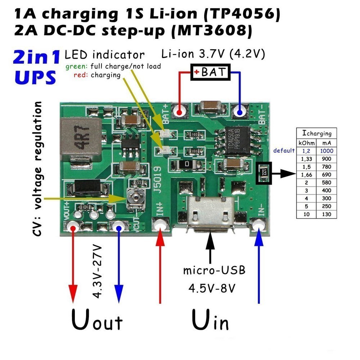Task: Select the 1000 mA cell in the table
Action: tap(327, 150)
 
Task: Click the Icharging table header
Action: tap(316, 133)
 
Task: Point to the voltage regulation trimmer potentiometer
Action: tap(135, 197)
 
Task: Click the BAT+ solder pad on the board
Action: tap(179, 111)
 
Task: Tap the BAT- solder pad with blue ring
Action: tap(240, 111)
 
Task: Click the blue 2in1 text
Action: tap(36, 58)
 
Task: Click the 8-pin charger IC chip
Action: tap(237, 140)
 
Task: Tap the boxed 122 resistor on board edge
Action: tap(264, 173)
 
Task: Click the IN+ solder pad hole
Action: tap(160, 225)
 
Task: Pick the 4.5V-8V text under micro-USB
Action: tap(212, 288)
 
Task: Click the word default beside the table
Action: tap(284, 150)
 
